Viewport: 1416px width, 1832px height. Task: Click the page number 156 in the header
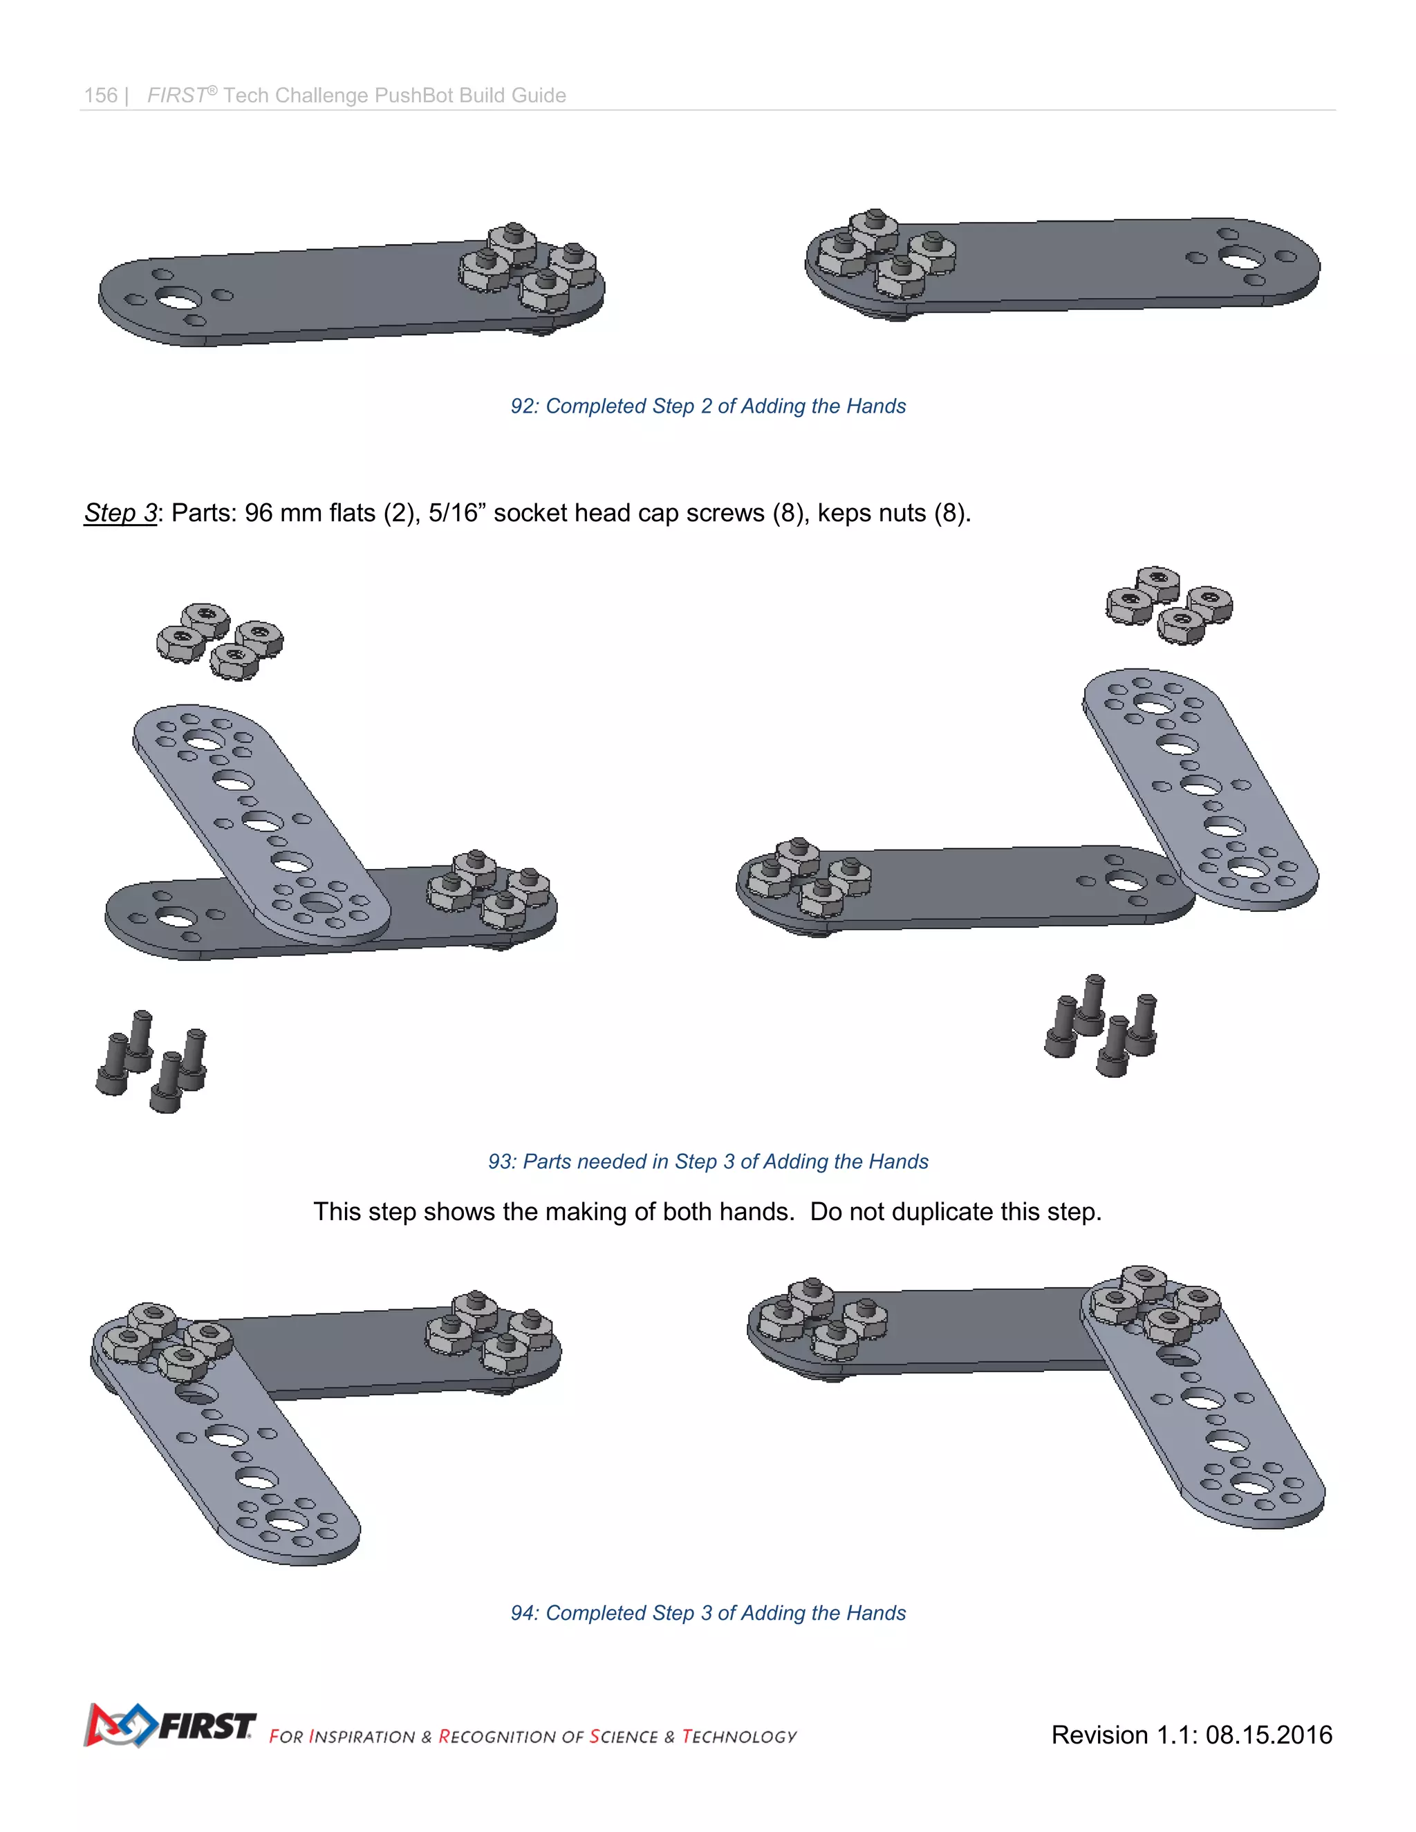pyautogui.click(x=101, y=95)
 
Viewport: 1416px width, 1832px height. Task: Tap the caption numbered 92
pyautogui.click(x=708, y=406)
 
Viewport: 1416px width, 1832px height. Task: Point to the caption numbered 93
pyautogui.click(x=708, y=1162)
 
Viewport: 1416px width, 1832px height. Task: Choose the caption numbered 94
pyautogui.click(x=708, y=1613)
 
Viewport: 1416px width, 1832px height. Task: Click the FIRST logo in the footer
pyautogui.click(x=170, y=1726)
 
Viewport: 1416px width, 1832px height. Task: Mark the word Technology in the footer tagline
pyautogui.click(x=739, y=1737)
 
